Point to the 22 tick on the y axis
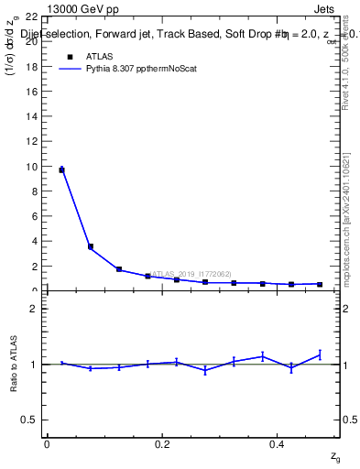coord(30,17)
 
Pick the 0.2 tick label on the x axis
coord(162,444)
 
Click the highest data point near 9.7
coord(61,169)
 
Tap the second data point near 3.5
coord(90,246)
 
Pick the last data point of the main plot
coord(320,284)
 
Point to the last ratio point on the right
coord(320,354)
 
